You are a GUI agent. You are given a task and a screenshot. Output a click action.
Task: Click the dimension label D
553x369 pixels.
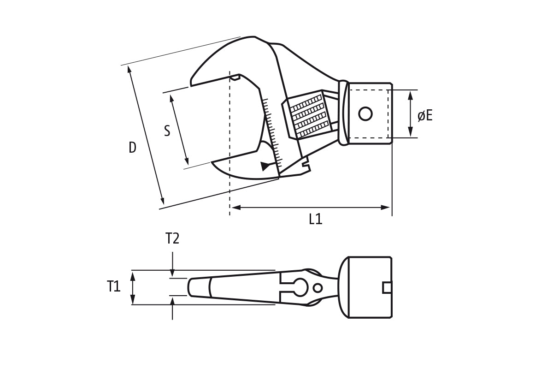(x=133, y=148)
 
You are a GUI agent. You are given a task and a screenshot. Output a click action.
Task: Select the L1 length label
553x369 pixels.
(x=316, y=219)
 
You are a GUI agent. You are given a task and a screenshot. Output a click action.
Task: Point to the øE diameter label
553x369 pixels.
(x=425, y=115)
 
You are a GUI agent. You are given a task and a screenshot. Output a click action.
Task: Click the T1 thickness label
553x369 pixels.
(x=113, y=286)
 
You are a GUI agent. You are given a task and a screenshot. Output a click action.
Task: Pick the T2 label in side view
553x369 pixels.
(x=172, y=238)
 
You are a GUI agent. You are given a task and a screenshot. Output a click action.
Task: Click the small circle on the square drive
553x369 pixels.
(x=365, y=114)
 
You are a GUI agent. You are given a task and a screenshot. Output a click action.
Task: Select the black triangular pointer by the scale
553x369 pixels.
(x=265, y=166)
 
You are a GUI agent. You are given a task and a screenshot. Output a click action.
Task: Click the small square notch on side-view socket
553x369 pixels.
(x=387, y=288)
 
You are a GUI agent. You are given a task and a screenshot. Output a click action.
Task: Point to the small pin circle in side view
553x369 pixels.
(x=318, y=288)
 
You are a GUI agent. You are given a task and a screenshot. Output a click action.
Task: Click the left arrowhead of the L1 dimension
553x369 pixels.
(x=236, y=208)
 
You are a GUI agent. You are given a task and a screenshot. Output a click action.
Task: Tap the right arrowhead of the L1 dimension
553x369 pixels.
(x=385, y=208)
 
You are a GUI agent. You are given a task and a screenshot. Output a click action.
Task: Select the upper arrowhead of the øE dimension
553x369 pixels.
(x=410, y=95)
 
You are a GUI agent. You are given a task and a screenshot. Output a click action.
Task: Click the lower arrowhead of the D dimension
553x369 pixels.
(x=162, y=200)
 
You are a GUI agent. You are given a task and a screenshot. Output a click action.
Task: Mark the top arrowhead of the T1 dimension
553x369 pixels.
(x=133, y=277)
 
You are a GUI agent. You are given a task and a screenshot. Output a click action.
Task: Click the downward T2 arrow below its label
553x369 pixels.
(x=172, y=264)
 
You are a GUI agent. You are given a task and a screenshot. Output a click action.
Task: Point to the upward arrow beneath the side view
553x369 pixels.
(x=172, y=309)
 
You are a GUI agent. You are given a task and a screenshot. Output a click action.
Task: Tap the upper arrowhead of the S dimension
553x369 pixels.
(x=172, y=98)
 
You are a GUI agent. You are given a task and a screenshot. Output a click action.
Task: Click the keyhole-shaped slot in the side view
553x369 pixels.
(x=294, y=288)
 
